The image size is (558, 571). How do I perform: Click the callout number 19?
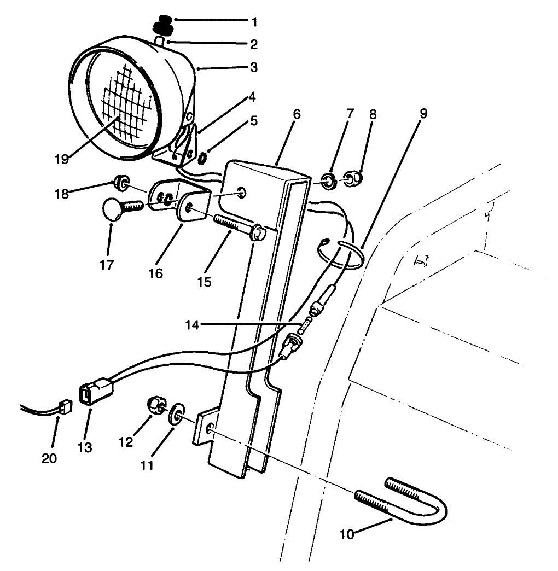coord(62,160)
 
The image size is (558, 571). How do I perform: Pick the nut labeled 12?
coord(155,405)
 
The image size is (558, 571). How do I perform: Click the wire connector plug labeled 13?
coord(96,393)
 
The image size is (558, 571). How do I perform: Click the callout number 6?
coord(296,114)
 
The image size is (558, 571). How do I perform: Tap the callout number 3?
coord(254,68)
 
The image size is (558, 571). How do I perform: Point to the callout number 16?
coord(155,273)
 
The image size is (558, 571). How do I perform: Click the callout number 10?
coord(347,534)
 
